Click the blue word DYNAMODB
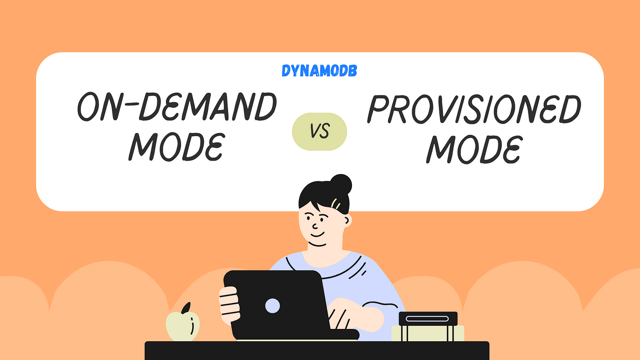click(319, 71)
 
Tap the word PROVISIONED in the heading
click(474, 110)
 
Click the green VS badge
click(320, 132)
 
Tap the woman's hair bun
click(341, 184)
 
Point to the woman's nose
click(315, 225)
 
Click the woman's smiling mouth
click(316, 236)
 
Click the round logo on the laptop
click(272, 305)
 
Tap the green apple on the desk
click(182, 326)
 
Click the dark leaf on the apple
click(186, 308)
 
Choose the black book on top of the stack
click(428, 318)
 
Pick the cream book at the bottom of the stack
click(428, 333)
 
